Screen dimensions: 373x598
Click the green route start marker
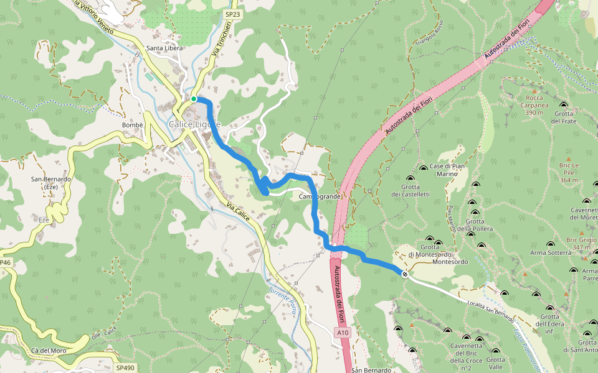(x=194, y=99)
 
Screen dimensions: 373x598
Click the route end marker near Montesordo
(x=405, y=274)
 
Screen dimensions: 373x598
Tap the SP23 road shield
(x=232, y=13)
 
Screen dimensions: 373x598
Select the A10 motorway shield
(x=343, y=333)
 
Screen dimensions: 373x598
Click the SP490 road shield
(x=125, y=368)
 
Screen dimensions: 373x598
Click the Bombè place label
(x=133, y=125)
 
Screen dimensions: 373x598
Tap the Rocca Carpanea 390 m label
(x=526, y=105)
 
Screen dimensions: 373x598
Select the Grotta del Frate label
(x=566, y=117)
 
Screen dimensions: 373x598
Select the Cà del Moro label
(x=49, y=351)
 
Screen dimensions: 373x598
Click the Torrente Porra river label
(x=283, y=300)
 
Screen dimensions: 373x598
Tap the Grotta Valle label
(x=496, y=363)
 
